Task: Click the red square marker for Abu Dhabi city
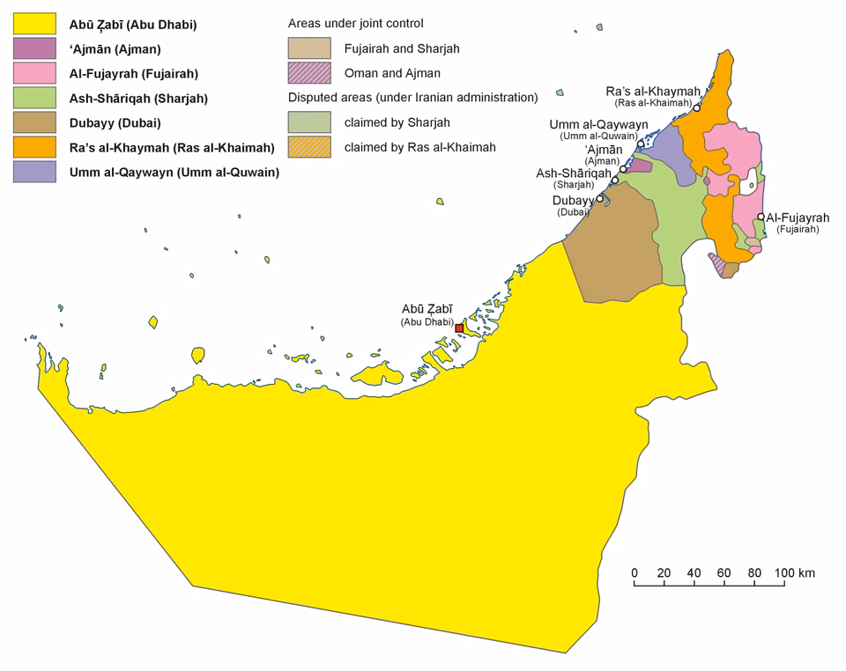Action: [x=459, y=328]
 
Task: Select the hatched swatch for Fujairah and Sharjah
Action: [x=309, y=49]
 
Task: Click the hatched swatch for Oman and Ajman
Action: [x=309, y=74]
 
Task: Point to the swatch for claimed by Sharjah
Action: [x=309, y=122]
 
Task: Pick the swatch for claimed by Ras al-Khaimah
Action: [x=309, y=147]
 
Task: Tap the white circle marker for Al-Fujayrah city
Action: [x=760, y=217]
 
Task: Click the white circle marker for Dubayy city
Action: [x=600, y=199]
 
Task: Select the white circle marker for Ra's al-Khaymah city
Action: [x=697, y=107]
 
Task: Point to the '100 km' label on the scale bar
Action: [x=794, y=573]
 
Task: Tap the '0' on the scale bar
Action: [x=634, y=573]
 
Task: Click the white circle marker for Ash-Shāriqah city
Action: [x=624, y=169]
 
